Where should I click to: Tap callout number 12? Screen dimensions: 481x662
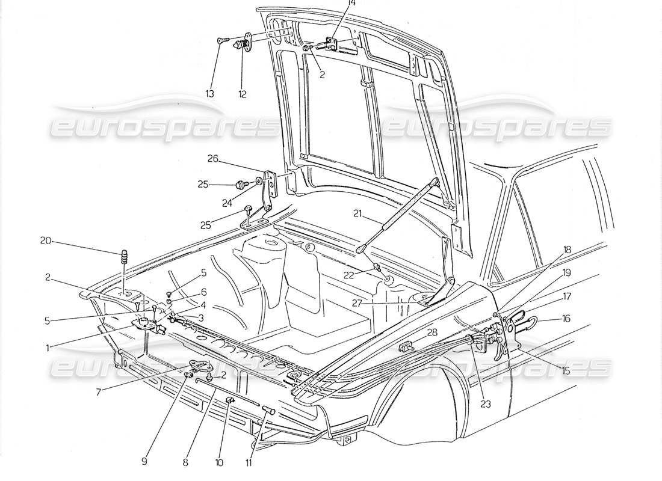[242, 94]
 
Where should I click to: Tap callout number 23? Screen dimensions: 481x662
[486, 404]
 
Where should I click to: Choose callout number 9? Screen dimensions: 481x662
[144, 462]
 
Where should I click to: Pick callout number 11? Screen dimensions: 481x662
[247, 463]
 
